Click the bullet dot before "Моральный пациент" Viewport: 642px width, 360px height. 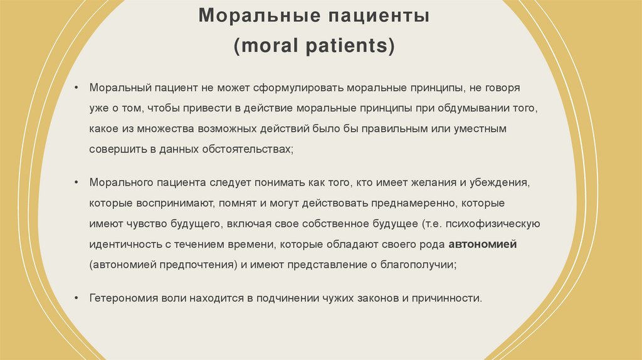click(x=76, y=88)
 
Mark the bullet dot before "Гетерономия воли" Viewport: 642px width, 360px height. click(x=76, y=298)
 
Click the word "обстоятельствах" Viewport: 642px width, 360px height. click(x=246, y=150)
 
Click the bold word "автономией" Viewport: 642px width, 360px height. click(x=482, y=245)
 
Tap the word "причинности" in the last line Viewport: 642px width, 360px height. click(x=450, y=298)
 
